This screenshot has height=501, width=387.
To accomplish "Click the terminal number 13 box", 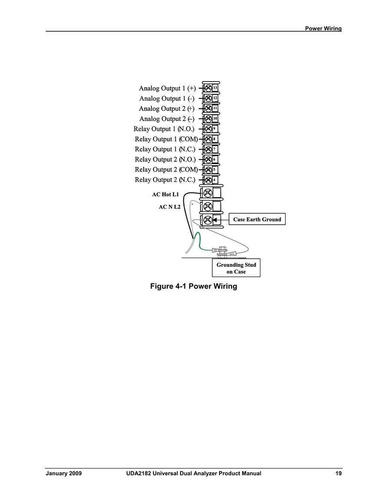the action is click(215, 88).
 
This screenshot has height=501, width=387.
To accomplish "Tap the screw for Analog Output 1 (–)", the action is click(208, 98).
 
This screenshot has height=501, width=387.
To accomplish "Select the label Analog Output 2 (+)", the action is click(167, 108).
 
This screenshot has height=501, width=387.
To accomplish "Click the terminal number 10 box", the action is click(215, 118).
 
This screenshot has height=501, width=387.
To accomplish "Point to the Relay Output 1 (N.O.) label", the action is click(164, 129).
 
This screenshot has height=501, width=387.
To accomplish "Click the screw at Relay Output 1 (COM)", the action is click(208, 139).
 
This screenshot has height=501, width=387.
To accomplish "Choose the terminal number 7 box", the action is click(215, 149).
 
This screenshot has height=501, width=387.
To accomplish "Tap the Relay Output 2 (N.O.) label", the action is click(165, 160).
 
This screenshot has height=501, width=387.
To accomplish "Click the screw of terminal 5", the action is click(208, 170).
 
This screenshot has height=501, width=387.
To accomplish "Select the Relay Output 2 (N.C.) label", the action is click(165, 180).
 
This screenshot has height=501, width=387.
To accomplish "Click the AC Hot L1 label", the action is click(166, 194).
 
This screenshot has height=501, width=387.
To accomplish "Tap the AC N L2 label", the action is click(170, 207).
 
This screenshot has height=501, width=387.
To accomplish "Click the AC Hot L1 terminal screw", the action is click(208, 193).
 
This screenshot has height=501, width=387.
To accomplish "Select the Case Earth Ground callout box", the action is click(257, 219).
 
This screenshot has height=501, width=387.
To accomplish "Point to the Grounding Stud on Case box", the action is click(236, 268).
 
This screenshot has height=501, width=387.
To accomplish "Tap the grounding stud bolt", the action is click(222, 252).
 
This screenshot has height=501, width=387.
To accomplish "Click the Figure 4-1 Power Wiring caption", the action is click(193, 286).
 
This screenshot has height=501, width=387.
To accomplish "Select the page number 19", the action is click(338, 473).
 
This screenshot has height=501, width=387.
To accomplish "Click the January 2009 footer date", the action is click(64, 473).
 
